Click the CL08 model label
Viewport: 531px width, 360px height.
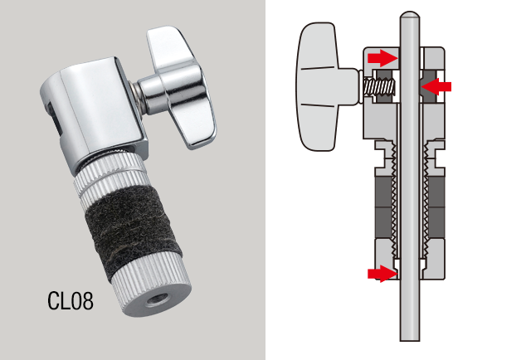pos(71,300)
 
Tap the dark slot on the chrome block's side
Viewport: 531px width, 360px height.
pos(53,125)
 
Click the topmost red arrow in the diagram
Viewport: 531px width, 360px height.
pos(382,57)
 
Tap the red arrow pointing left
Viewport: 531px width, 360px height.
pos(437,85)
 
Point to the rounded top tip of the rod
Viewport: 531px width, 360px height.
pos(408,16)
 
